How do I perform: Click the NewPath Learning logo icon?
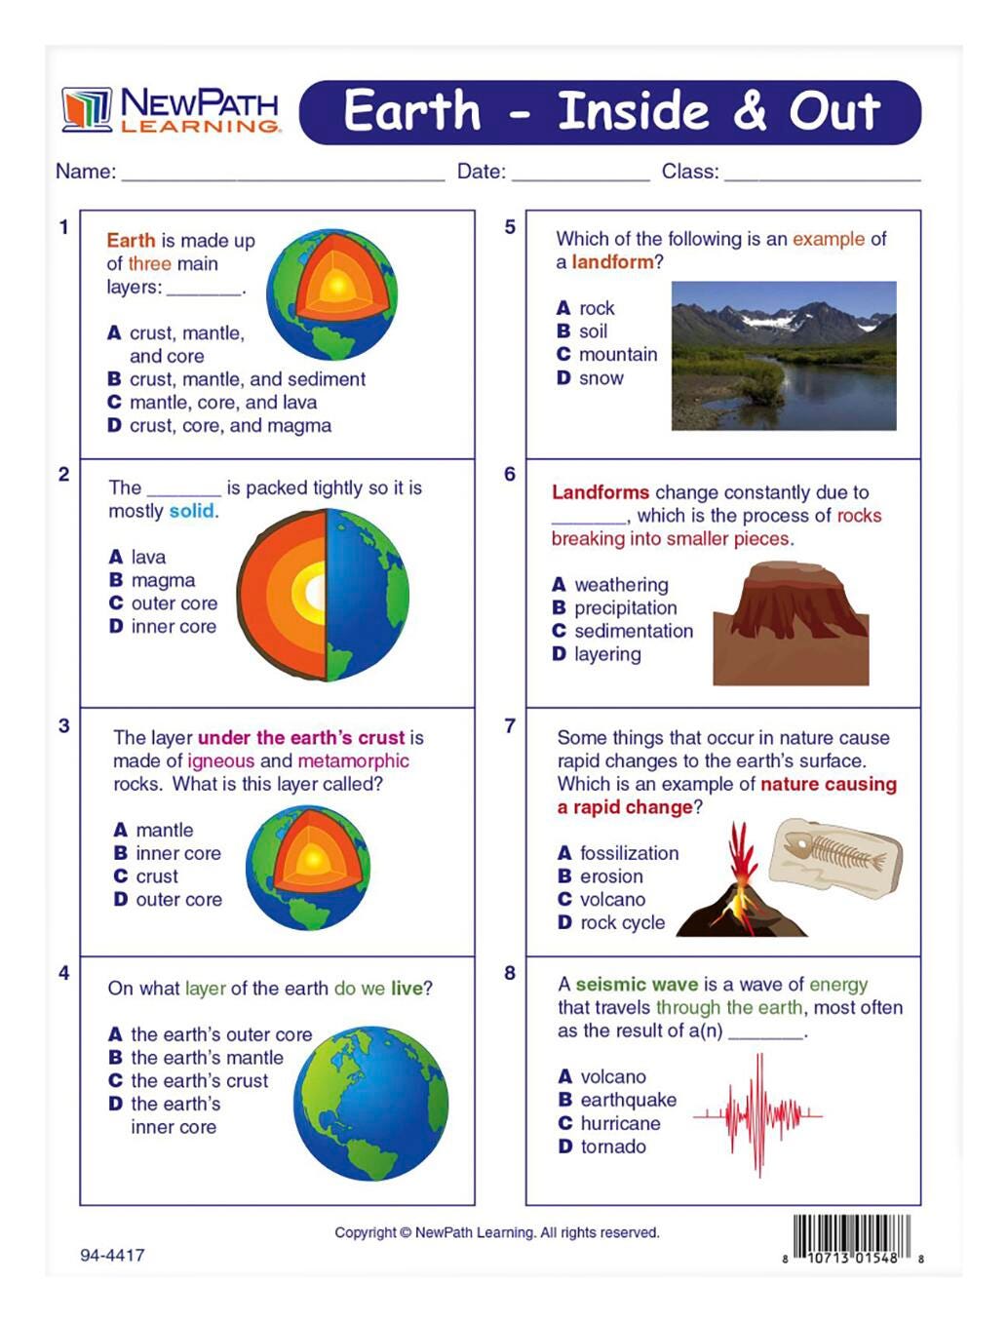[87, 109]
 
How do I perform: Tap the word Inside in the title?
[633, 111]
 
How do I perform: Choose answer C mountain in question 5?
[607, 355]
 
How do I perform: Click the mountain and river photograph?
[783, 356]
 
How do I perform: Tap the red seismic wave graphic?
[758, 1113]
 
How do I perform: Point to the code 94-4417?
[112, 1256]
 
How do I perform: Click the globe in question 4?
[370, 1103]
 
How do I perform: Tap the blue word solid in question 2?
[191, 512]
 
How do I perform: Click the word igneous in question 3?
[221, 761]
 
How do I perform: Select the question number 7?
[510, 726]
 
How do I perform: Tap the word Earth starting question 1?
[131, 241]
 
